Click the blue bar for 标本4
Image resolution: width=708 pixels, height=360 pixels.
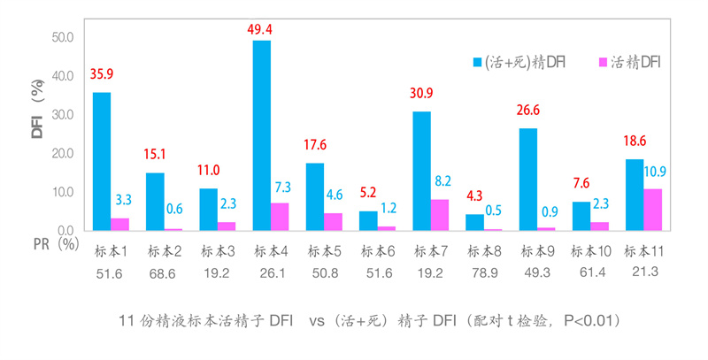[x=262, y=135]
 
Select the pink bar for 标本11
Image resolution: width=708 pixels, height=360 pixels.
[x=651, y=210]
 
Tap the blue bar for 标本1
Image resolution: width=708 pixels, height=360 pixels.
[x=102, y=161]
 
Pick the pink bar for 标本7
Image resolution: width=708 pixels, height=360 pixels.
[x=439, y=215]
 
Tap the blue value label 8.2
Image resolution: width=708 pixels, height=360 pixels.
[x=441, y=181]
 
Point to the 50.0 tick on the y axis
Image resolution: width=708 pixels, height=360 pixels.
[x=62, y=38]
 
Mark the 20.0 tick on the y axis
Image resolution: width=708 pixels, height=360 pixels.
[x=62, y=154]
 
